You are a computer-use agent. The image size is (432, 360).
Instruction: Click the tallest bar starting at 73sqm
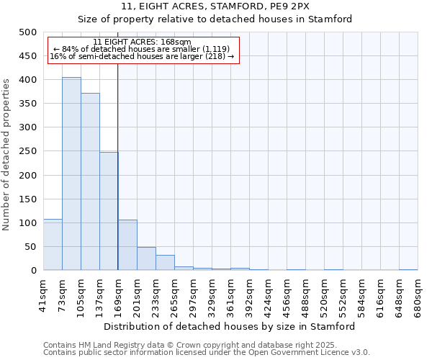71,174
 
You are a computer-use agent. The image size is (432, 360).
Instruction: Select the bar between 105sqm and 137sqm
90,181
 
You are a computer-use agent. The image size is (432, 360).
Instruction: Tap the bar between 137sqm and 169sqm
109,211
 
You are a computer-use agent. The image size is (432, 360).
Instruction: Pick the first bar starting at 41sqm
53,245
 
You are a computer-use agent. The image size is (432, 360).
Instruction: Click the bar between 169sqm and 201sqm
127,245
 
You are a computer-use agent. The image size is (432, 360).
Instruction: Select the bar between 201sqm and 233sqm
146,258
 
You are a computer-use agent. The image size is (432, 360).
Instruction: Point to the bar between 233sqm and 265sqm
165,263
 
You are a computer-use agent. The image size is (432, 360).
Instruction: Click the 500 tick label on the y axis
28,32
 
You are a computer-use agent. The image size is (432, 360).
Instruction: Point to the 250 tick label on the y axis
28,151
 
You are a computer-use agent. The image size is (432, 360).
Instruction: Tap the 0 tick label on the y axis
33,271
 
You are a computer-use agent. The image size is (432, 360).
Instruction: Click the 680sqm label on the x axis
418,294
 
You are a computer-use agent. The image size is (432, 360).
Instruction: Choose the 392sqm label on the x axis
249,294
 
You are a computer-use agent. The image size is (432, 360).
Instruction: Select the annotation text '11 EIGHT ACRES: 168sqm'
142,42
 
